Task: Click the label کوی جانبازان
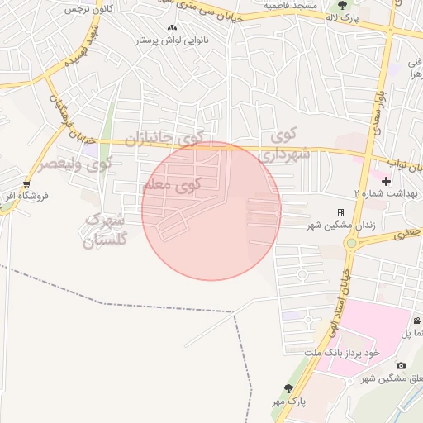169,137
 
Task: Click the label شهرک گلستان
107,231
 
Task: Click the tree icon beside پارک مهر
288,388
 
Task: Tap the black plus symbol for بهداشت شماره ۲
386,180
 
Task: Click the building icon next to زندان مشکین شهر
340,212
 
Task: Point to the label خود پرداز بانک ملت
340,353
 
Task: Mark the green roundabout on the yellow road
351,243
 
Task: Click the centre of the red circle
211,211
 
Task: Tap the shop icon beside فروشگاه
26,183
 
